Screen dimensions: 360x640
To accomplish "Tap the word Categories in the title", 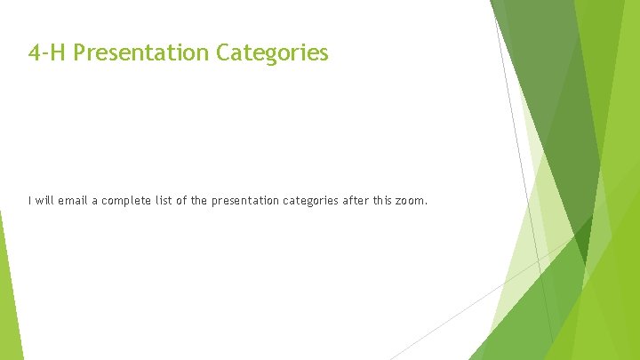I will point(272,54).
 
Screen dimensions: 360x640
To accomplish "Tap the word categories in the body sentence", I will point(310,201).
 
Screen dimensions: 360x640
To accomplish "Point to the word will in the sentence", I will point(44,201).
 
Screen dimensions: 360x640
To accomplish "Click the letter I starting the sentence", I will point(29,201).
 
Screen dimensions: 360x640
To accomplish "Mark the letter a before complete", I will point(97,202).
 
